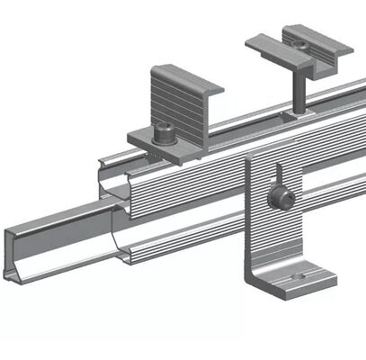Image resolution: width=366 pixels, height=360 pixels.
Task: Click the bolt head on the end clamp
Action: [165, 133]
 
